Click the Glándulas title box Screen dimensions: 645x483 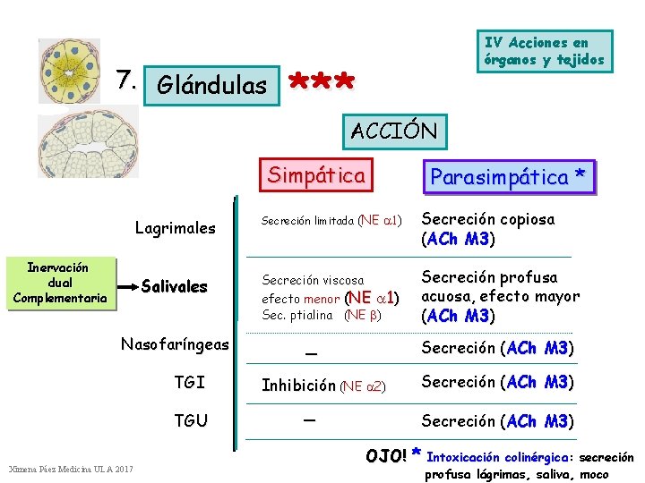pos(211,86)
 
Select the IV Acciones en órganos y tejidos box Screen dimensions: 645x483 pos(545,52)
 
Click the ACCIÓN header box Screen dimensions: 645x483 pos(394,131)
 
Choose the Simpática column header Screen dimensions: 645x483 pos(316,175)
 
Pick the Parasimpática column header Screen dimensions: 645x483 pos(511,177)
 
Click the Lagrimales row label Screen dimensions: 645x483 pos(175,228)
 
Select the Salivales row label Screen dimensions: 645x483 pos(175,287)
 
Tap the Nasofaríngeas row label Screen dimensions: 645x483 pos(176,344)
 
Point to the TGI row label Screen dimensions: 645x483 pos(189,383)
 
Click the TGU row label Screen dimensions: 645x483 pos(191,421)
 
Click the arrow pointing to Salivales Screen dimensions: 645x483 pos(126,286)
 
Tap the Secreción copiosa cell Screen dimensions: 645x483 pos(488,229)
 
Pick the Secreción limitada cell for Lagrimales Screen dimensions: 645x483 pos(331,220)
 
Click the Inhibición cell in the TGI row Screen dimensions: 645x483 pos(323,386)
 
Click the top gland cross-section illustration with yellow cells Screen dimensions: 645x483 pos(70,71)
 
